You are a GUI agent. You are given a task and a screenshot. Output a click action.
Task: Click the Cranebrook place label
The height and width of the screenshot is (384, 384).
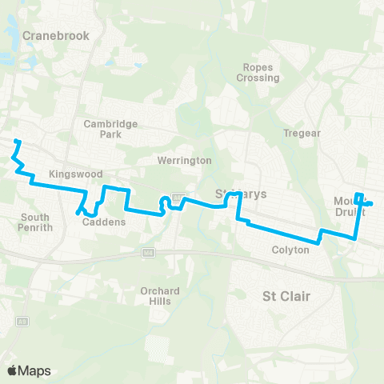(x=55, y=35)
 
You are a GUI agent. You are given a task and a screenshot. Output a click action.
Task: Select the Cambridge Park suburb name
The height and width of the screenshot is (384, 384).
(x=111, y=129)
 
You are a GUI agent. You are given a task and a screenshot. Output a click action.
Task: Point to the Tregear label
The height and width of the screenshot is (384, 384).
(x=302, y=133)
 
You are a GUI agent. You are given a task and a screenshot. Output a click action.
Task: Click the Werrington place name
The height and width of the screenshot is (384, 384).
(x=185, y=161)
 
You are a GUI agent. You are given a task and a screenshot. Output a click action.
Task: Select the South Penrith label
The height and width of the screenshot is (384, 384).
(x=35, y=222)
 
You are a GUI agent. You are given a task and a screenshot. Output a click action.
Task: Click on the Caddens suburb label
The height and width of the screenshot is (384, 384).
(x=104, y=222)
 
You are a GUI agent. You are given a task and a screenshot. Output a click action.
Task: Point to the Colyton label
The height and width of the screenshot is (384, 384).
(x=290, y=250)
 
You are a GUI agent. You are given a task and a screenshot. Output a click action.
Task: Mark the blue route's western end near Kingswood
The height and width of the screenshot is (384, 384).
(x=16, y=142)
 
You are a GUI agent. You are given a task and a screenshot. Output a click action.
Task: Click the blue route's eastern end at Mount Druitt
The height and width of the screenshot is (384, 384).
(x=370, y=204)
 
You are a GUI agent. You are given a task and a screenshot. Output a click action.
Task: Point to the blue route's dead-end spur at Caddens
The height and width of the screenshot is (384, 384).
(x=78, y=213)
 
